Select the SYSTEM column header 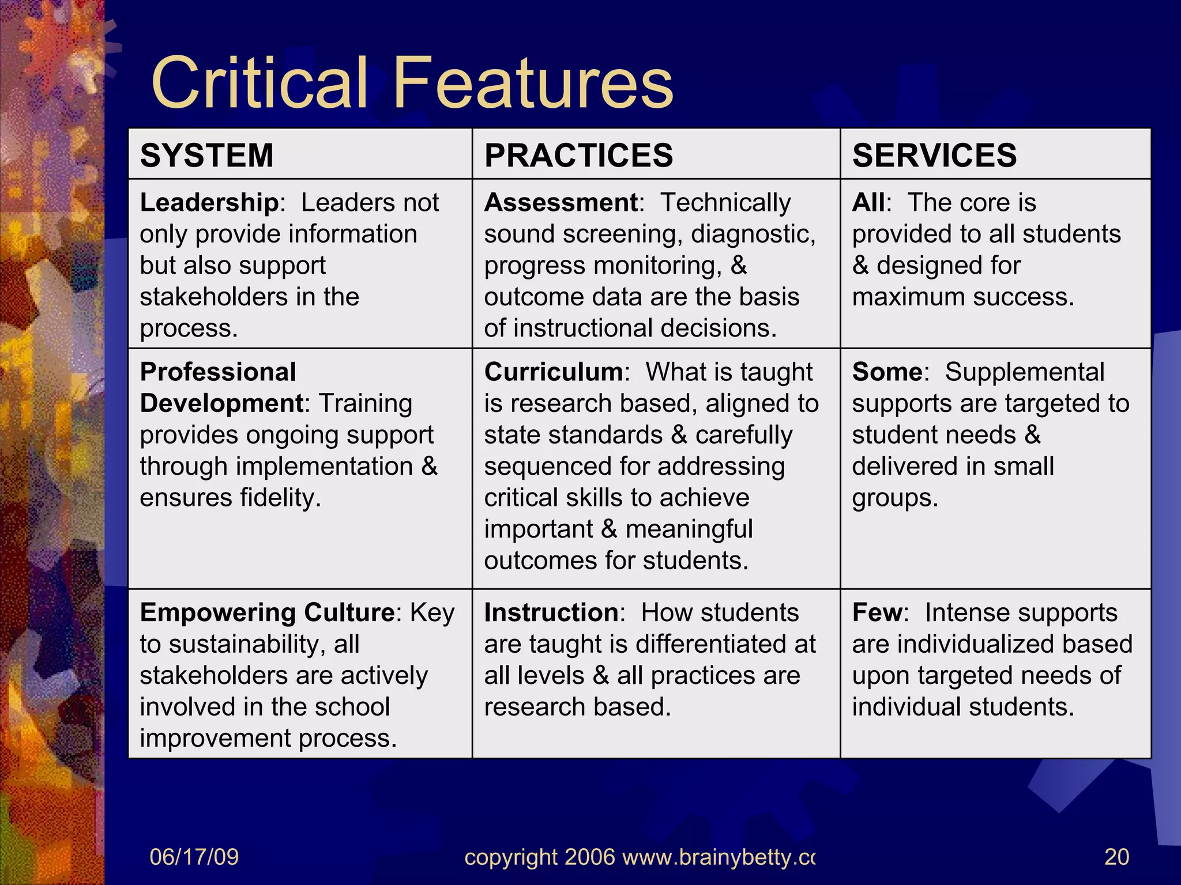coord(206,155)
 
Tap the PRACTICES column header coord(578,155)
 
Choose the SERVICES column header coord(934,155)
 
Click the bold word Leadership coord(209,203)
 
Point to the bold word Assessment coord(561,203)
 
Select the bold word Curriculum coord(553,372)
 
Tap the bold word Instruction coord(551,612)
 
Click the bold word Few coord(877,612)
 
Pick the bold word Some coord(887,372)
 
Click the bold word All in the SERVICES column coord(868,203)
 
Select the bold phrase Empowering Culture coord(267,612)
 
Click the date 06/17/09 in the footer coord(194,857)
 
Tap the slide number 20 coord(1116,857)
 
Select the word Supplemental coord(1024,372)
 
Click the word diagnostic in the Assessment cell coord(753,235)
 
